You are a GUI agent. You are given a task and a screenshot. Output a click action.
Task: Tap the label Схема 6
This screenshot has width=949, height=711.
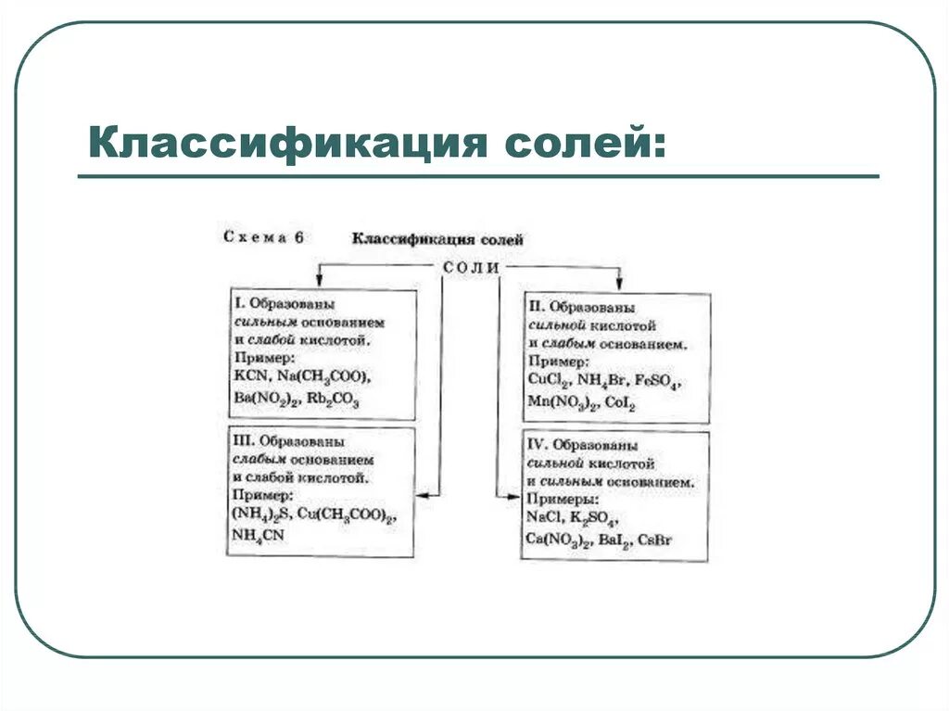263,236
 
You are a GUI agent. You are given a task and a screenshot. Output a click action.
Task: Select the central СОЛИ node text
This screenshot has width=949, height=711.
471,267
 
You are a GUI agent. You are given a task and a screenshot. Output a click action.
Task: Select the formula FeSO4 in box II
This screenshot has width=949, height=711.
660,381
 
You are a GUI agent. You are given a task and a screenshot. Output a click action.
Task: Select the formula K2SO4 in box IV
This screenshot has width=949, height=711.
593,518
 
